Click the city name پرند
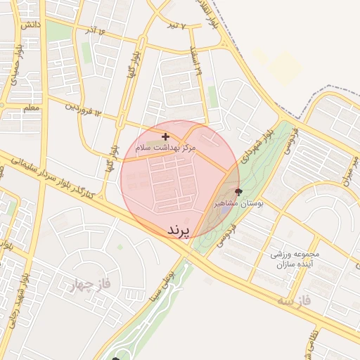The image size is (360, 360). [x=179, y=231]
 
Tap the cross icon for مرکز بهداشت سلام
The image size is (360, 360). [x=165, y=136]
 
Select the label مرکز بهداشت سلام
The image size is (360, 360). [x=167, y=148]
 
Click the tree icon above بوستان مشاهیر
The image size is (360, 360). [x=238, y=191]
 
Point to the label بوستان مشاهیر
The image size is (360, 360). [x=238, y=203]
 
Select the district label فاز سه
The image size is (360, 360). [x=294, y=300]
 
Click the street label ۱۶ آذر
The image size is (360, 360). [x=97, y=32]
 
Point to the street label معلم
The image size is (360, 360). [x=31, y=108]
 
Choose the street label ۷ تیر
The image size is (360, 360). [x=179, y=26]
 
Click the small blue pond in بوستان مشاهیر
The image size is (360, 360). [x=224, y=209]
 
